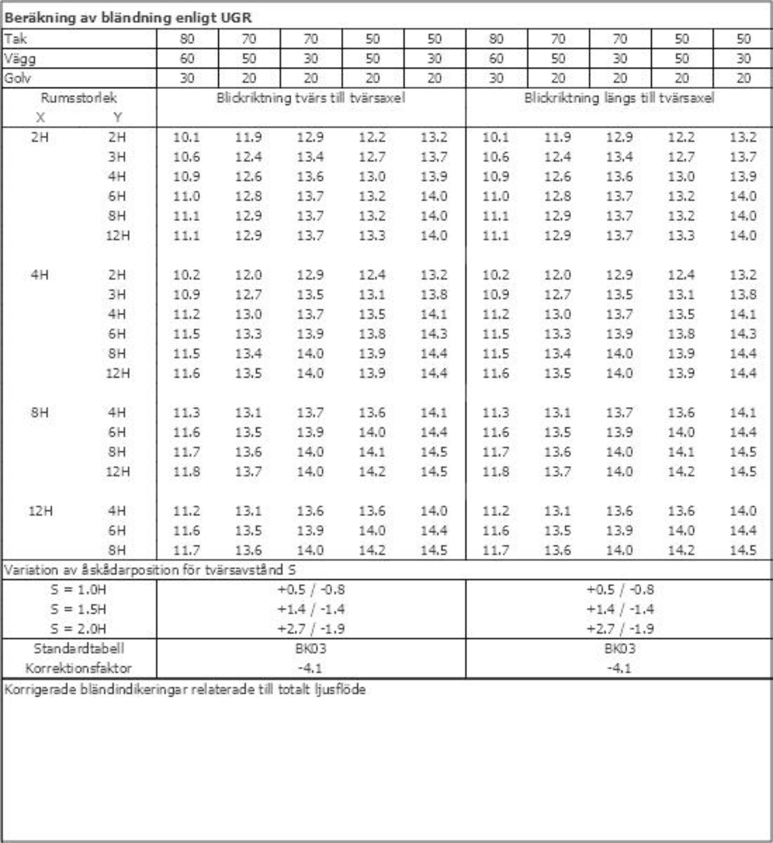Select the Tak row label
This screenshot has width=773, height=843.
[x=15, y=38]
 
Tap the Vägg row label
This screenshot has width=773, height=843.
[x=20, y=59]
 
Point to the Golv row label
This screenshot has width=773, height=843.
[x=17, y=78]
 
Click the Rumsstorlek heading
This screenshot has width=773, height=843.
[x=79, y=98]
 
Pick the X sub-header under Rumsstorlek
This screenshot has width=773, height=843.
[x=40, y=118]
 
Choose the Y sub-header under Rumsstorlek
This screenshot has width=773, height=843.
[x=117, y=118]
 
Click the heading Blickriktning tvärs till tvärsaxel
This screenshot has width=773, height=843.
[x=311, y=98]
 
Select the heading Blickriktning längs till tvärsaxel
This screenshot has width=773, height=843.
[x=619, y=98]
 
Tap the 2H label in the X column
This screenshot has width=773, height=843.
[x=40, y=137]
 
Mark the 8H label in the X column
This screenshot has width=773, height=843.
[x=40, y=412]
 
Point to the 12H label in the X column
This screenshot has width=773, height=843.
[x=40, y=511]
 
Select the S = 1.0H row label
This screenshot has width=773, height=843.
[x=79, y=589]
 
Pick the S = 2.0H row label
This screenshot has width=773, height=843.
[x=79, y=629]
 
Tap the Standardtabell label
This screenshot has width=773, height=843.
[x=79, y=648]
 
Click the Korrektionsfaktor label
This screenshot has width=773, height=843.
[x=79, y=668]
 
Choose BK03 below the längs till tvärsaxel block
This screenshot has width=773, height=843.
[x=620, y=648]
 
